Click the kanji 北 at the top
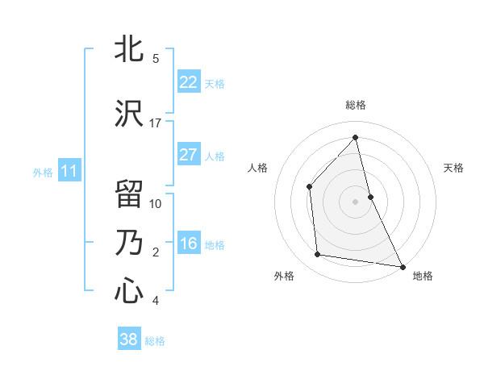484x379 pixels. (x=130, y=49)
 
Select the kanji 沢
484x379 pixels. (x=130, y=112)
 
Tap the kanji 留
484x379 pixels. (x=130, y=194)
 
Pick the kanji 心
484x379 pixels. (x=130, y=289)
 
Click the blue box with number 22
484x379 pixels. (x=188, y=82)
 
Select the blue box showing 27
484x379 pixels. (x=188, y=155)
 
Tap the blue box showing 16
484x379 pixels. (x=188, y=244)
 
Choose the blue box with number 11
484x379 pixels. (x=69, y=171)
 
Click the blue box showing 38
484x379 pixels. (x=129, y=339)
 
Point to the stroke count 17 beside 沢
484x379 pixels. (x=156, y=123)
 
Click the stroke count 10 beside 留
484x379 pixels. (x=156, y=203)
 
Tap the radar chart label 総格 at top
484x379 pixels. (x=356, y=105)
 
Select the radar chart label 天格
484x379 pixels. (x=453, y=168)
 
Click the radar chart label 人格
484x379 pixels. (x=258, y=168)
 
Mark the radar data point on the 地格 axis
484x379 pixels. (x=402, y=265)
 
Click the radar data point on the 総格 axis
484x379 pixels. (x=356, y=138)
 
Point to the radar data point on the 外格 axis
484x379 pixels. (x=318, y=255)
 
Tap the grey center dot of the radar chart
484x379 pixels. (x=356, y=202)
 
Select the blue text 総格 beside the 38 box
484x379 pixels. (x=155, y=341)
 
